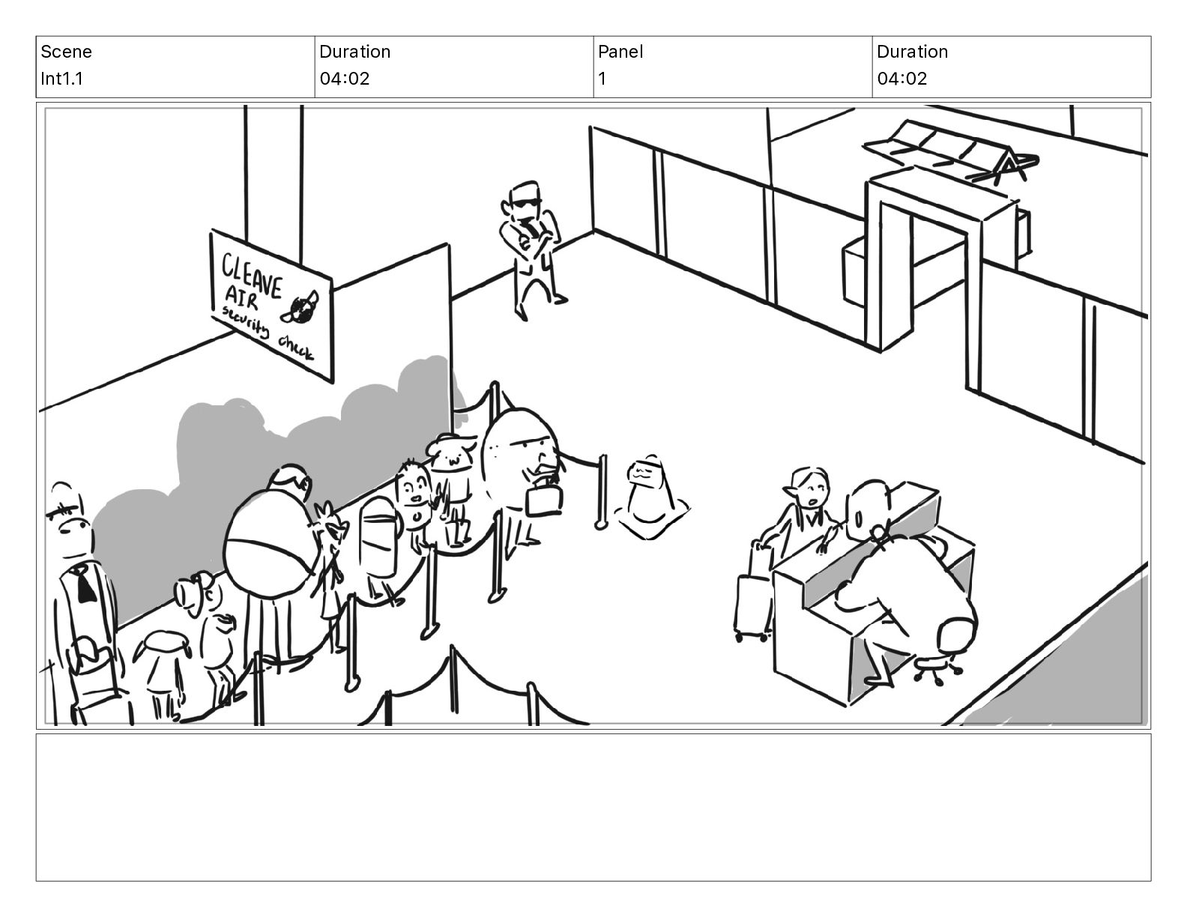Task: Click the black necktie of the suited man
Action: point(85,584)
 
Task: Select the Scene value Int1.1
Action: point(61,79)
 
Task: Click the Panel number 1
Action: point(602,79)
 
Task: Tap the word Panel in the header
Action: point(620,52)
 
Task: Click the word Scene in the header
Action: point(66,52)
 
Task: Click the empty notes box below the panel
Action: point(593,807)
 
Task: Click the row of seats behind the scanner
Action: point(950,151)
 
